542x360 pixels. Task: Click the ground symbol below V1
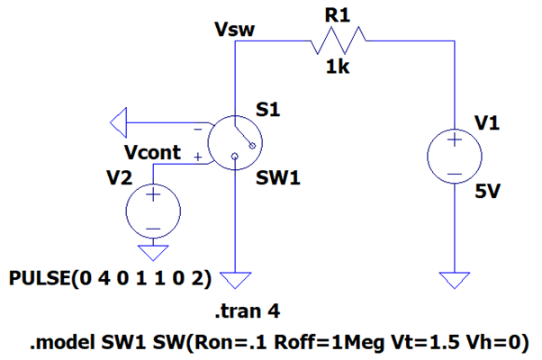(455, 279)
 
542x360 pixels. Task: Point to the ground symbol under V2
(152, 251)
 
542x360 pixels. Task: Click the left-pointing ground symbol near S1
(118, 118)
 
